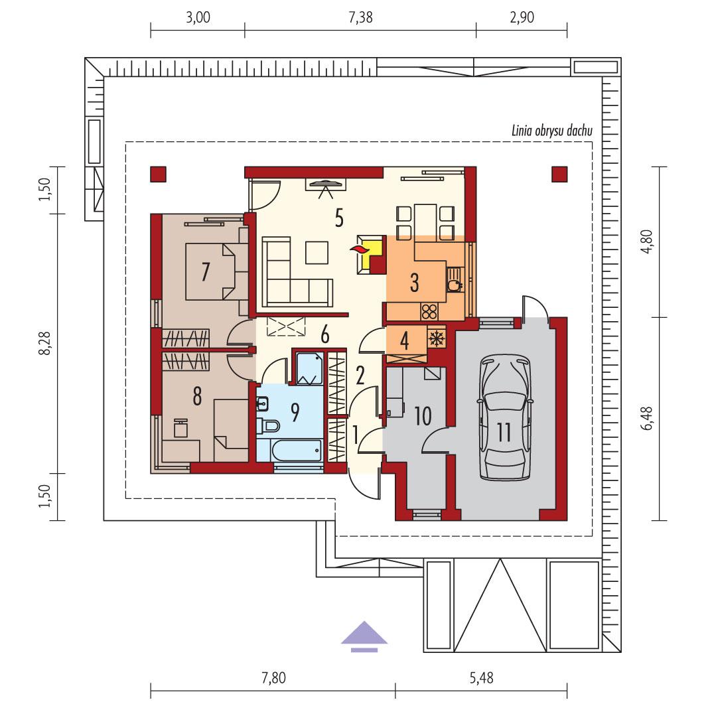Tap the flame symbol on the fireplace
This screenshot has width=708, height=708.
pos(359,249)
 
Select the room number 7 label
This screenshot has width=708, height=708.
pos(206,271)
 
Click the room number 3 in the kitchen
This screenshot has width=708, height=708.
pos(414,283)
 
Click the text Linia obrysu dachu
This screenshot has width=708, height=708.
pos(551,131)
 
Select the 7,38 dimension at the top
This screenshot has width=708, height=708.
pos(360,18)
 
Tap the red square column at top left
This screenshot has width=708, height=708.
pos(158,174)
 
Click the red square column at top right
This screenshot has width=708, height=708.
pos(559,174)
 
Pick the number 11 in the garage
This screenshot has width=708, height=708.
pos(504,433)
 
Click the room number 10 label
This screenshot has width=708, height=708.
pos(422,416)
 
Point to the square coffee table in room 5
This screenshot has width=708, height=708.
pos(317,251)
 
